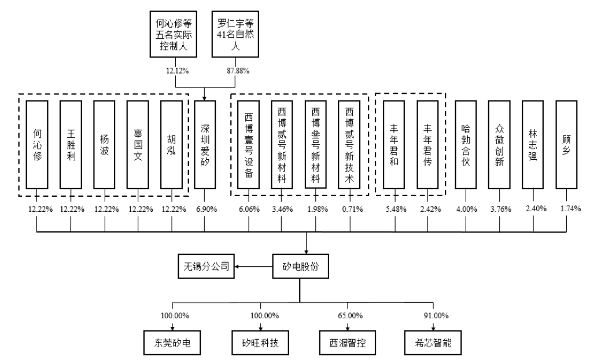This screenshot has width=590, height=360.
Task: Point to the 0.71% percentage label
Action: tap(349, 209)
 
